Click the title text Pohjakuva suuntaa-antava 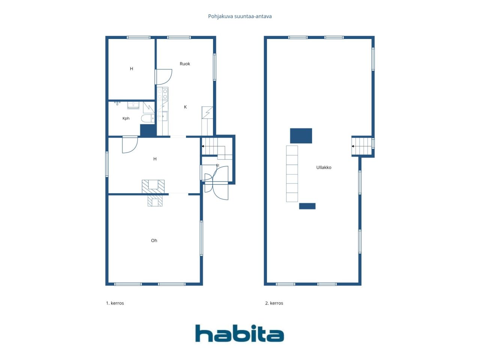pyautogui.click(x=240, y=16)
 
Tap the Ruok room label pyautogui.click(x=185, y=64)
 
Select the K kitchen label pyautogui.click(x=186, y=107)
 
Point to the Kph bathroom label pyautogui.click(x=126, y=118)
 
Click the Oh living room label pyautogui.click(x=154, y=240)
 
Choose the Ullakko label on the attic pyautogui.click(x=324, y=167)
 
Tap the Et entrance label pyautogui.click(x=217, y=165)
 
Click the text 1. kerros pyautogui.click(x=115, y=303)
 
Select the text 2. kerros pyautogui.click(x=274, y=303)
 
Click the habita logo pyautogui.click(x=240, y=333)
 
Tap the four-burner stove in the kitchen pyautogui.click(x=162, y=93)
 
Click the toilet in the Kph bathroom pyautogui.click(x=148, y=118)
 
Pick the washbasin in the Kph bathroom pyautogui.click(x=133, y=105)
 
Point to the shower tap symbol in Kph pyautogui.click(x=117, y=103)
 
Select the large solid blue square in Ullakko pyautogui.click(x=301, y=136)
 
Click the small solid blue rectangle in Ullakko pyautogui.click(x=307, y=206)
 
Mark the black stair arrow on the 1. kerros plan pyautogui.click(x=203, y=146)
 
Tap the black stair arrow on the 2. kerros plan pyautogui.click(x=353, y=146)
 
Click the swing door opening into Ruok pyautogui.click(x=163, y=77)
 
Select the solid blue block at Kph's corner pyautogui.click(x=148, y=130)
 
